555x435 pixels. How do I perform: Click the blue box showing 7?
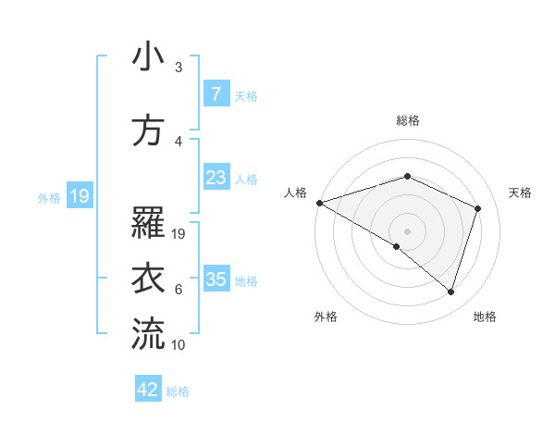point(216,94)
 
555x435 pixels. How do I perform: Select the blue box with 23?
point(216,178)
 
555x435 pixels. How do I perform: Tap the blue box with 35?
point(216,280)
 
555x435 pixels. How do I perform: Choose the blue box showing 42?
point(149,390)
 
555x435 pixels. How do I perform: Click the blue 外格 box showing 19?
point(79,196)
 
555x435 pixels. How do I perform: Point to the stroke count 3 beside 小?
point(179,68)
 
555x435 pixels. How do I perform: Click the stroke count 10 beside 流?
point(179,345)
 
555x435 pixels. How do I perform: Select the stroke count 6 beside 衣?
point(179,290)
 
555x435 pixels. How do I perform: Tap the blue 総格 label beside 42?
point(179,391)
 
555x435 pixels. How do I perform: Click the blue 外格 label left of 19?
point(48,197)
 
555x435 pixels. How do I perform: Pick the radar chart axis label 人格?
point(296,193)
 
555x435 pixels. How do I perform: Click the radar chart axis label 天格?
point(520,193)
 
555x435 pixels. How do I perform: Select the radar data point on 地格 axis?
point(450,292)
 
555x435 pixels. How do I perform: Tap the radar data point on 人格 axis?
point(319,203)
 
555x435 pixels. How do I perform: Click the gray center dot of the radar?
point(407,230)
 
